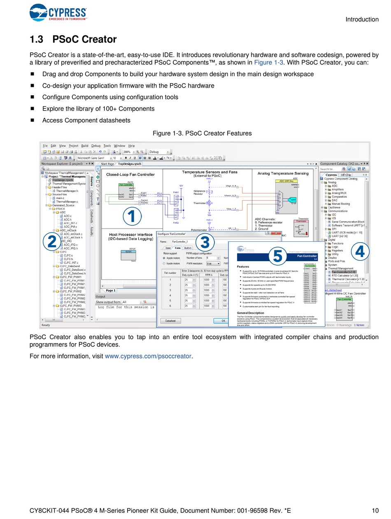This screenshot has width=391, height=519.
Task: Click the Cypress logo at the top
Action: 58,13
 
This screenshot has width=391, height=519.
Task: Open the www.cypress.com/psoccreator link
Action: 148,356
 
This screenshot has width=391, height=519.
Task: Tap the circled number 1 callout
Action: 132,216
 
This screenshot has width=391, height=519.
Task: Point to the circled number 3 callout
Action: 205,242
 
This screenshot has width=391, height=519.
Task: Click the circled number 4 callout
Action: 360,251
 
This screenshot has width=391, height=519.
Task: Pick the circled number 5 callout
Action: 277,256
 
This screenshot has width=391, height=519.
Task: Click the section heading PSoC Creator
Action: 73,40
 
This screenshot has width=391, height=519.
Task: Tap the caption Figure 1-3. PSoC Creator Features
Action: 202,133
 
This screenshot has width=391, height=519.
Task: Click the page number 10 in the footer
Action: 375,511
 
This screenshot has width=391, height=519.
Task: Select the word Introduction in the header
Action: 362,19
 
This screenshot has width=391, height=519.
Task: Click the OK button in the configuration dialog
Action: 223,320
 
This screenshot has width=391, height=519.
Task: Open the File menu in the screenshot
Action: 45,146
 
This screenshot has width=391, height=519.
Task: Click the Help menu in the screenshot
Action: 131,146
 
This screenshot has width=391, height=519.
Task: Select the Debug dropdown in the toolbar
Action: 159,152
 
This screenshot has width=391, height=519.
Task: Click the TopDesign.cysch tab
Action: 129,164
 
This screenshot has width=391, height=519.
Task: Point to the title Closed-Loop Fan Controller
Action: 130,175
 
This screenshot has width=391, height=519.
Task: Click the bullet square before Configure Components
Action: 32,97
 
